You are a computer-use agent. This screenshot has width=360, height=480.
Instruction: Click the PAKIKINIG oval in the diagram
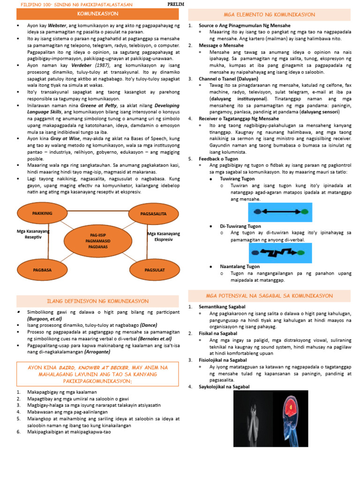point(42,213)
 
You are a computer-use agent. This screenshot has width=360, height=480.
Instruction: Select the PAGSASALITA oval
point(153,214)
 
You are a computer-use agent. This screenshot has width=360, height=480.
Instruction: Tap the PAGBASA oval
point(42,270)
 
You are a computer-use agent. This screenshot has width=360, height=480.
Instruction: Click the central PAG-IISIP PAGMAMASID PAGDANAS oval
point(99,240)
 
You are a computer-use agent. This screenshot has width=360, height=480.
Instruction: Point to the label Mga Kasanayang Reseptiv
point(33,234)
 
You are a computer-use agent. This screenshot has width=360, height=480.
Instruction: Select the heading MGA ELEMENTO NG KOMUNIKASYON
point(269,15)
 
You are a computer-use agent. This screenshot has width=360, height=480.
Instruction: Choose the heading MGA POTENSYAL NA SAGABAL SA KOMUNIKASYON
point(269,296)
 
